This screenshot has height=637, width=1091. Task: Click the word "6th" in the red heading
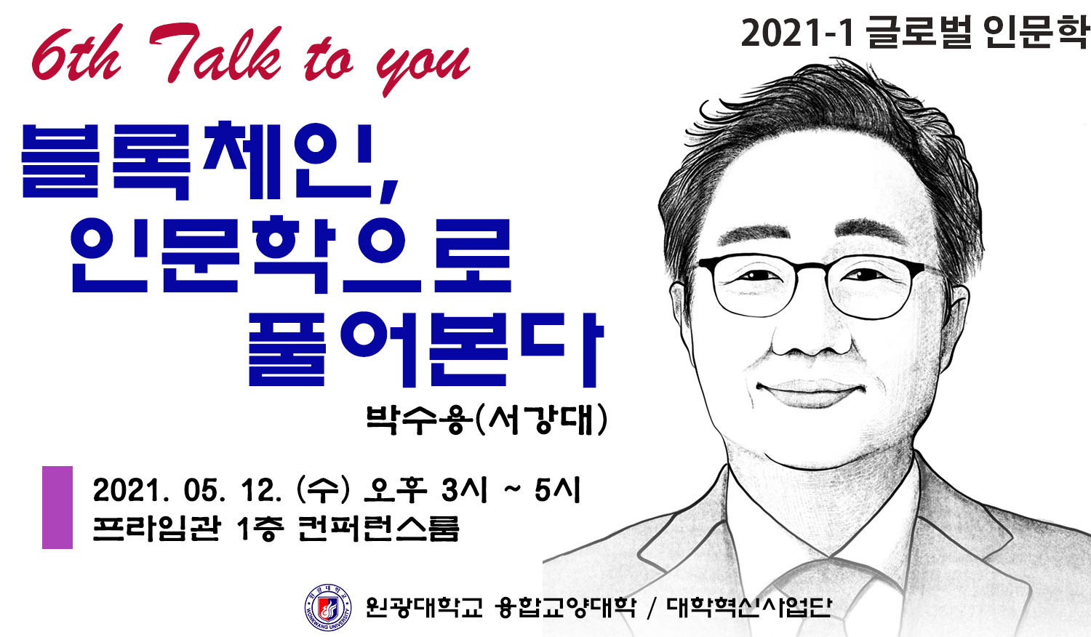[76, 55]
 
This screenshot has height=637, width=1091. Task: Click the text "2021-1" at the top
[797, 33]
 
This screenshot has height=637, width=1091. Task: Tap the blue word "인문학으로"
[291, 255]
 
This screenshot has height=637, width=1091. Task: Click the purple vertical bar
[57, 508]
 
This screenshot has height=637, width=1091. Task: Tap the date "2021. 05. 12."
[188, 490]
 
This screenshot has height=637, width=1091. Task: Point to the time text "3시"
[464, 490]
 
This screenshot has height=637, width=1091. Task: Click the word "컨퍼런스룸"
[378, 529]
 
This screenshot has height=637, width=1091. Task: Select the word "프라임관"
[157, 529]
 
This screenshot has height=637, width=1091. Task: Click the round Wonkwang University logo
[328, 607]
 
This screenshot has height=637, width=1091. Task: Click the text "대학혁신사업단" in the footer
[748, 607]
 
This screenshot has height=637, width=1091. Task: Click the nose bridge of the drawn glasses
[812, 268]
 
